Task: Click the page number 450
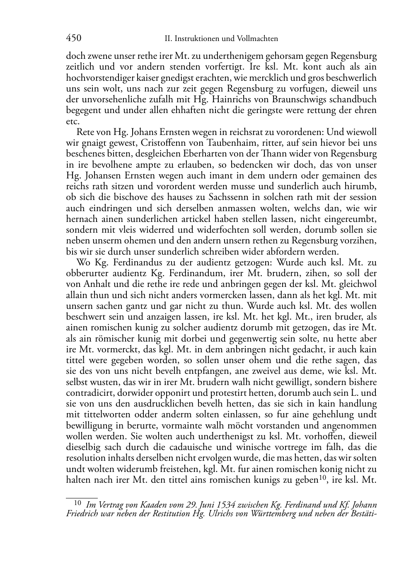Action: (73, 38)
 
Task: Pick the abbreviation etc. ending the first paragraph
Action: (72, 121)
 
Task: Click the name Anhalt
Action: (94, 284)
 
